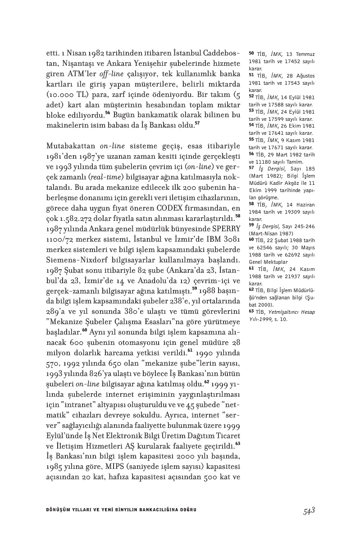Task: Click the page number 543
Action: [x=308, y=510]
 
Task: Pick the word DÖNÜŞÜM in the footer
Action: [x=58, y=510]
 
